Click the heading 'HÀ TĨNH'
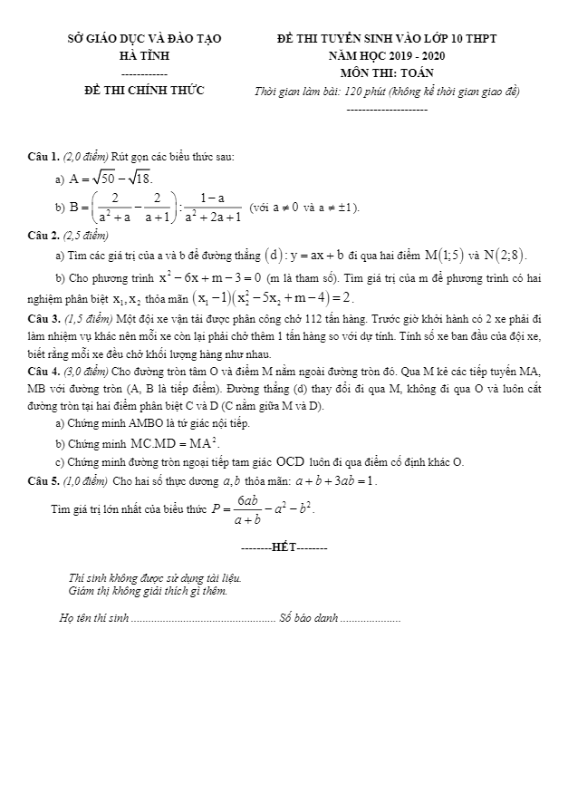(144, 56)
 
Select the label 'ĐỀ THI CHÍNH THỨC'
(144, 90)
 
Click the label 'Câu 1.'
(43, 158)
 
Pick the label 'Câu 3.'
(43, 318)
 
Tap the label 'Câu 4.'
(43, 372)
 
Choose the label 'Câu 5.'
(43, 479)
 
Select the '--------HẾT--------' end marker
(284, 548)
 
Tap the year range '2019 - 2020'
(419, 56)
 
